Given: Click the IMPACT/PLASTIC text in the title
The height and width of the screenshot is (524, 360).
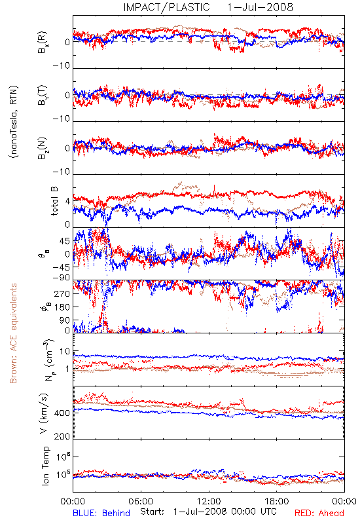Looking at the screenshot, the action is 166,7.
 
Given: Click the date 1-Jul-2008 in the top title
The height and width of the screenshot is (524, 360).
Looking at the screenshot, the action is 260,7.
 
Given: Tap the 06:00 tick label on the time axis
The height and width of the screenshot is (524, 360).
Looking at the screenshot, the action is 141,501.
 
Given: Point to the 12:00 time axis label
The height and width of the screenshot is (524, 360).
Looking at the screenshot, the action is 209,501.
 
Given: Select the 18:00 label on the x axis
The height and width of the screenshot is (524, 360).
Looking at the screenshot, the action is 277,501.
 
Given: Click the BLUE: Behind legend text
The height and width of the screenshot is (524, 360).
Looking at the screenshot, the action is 101,513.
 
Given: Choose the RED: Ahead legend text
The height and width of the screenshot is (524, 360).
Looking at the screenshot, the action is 319,513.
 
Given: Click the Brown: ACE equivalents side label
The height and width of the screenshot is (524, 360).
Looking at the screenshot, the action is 13,333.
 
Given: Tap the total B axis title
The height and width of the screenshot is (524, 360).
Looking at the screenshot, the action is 54,201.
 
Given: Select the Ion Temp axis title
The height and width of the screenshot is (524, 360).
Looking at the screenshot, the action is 45,466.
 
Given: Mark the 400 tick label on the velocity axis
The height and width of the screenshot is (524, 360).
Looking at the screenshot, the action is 62,413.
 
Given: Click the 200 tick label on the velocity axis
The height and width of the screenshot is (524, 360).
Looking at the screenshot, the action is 62,436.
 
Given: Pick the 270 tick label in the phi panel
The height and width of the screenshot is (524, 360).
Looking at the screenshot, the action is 62,293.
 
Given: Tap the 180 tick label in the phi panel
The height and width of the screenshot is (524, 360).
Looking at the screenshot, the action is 62,307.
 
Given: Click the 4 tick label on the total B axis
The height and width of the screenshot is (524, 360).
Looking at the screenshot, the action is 68,202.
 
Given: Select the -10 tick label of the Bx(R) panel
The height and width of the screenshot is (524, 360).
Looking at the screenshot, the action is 61,66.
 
